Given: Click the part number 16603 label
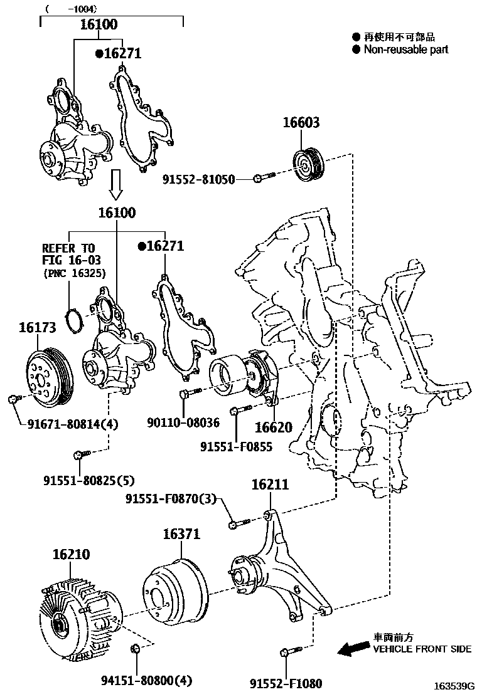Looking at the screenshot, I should [301, 122].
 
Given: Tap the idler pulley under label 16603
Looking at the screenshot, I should [308, 166].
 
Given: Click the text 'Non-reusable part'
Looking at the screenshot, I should [406, 49].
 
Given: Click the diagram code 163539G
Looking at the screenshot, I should [454, 686].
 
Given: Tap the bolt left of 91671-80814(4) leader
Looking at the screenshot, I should [13, 398].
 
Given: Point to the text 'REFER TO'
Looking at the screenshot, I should [70, 247].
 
